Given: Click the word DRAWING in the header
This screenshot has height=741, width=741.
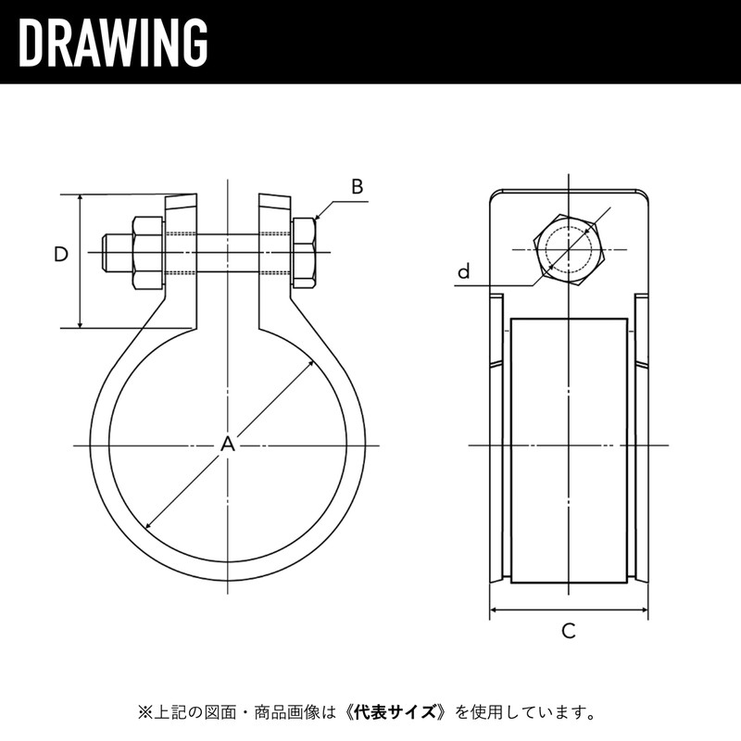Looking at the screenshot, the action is click(x=112, y=42).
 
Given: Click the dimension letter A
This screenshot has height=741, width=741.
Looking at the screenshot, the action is click(x=227, y=446).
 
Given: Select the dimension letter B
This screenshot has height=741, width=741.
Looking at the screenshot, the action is click(x=357, y=186).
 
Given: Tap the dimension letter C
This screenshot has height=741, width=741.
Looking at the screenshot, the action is click(x=569, y=632).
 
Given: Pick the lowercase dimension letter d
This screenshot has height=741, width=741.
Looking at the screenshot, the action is click(x=464, y=271).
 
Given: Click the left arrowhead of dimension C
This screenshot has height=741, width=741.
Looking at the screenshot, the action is click(x=493, y=609).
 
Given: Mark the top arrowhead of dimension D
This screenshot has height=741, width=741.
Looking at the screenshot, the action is click(x=82, y=198).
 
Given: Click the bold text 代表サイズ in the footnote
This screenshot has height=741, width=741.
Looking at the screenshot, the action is click(x=398, y=713).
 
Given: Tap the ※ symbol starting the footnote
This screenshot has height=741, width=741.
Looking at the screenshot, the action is click(x=144, y=713).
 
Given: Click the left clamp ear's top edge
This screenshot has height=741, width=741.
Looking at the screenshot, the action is click(x=182, y=195).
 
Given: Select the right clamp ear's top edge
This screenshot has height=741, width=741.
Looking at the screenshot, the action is click(x=274, y=195).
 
